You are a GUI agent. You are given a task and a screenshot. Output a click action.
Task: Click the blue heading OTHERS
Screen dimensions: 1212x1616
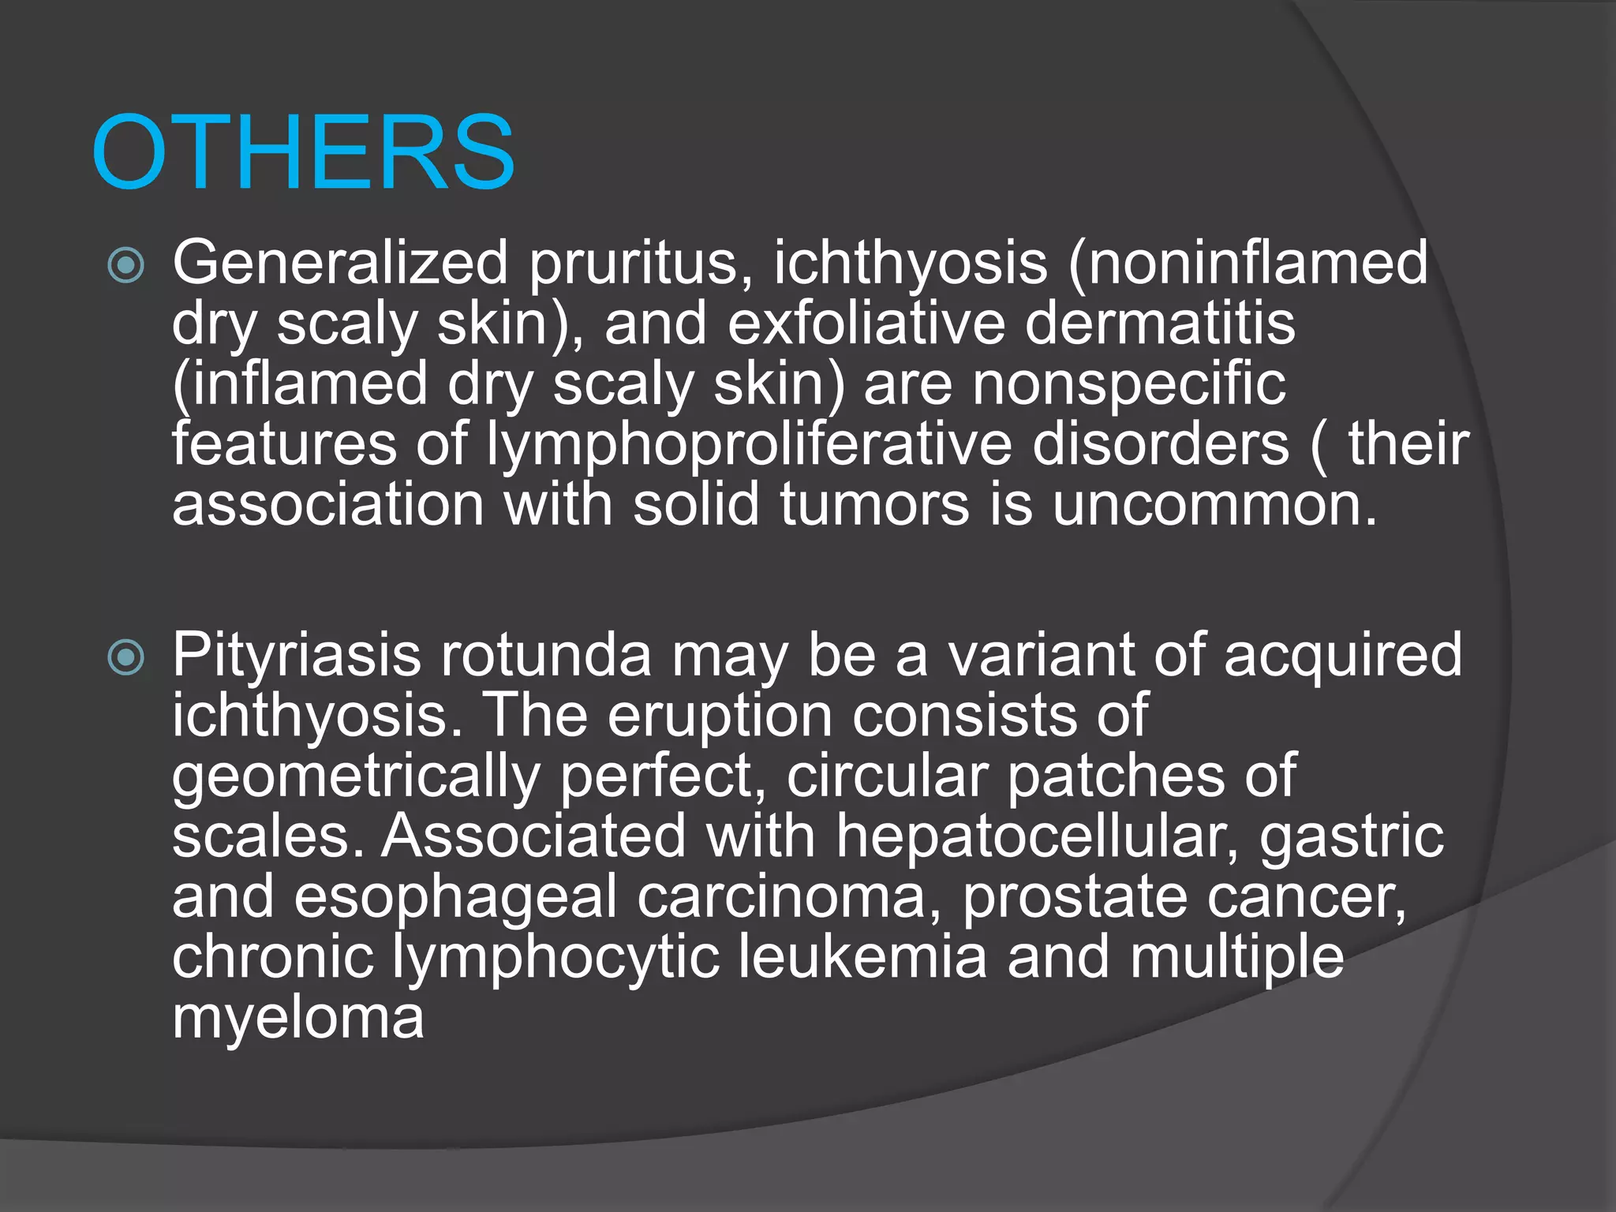(x=303, y=151)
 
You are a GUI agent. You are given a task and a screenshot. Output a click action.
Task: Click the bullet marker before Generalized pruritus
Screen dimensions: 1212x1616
(x=126, y=265)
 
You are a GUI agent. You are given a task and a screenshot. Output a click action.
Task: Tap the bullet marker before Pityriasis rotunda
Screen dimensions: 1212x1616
(x=126, y=657)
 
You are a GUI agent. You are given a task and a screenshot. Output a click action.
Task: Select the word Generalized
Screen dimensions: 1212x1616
(x=340, y=262)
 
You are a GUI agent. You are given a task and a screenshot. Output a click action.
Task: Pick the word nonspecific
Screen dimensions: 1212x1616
(x=1128, y=383)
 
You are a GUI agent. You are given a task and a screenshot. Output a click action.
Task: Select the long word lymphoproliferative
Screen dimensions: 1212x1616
(x=749, y=444)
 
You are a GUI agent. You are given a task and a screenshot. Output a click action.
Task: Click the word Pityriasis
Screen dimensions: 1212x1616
(x=297, y=655)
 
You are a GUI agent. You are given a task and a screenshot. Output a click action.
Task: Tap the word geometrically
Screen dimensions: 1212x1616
(x=356, y=776)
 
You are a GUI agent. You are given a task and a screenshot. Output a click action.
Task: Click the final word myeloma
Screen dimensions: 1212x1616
(x=297, y=1018)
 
